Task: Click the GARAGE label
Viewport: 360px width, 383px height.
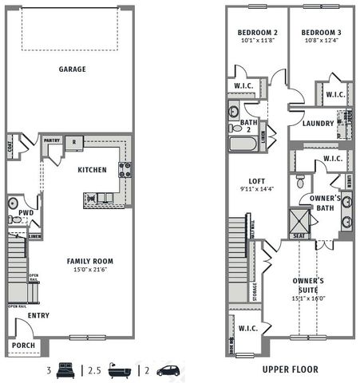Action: coord(72,69)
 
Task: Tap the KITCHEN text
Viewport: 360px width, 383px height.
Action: coord(92,170)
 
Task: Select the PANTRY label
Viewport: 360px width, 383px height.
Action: coord(52,140)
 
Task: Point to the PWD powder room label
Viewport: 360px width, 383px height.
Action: coord(26,213)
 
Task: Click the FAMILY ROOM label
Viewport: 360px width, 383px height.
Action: coord(89,261)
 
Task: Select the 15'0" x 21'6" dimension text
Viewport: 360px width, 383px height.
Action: coord(89,270)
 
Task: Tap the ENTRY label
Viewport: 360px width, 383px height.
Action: coord(38,316)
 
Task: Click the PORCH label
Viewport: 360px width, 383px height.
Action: coord(24,346)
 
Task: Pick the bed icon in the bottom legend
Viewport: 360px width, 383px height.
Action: coord(65,369)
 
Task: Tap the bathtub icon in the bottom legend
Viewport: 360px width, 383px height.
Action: coord(120,369)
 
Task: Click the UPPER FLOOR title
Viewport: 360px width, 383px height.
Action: coord(290,369)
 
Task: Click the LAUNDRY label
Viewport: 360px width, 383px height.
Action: coord(318,124)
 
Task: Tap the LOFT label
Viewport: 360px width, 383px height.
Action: coord(256,180)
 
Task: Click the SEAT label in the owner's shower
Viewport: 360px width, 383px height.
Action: coord(299,235)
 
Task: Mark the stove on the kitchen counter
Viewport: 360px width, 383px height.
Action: coord(125,169)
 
